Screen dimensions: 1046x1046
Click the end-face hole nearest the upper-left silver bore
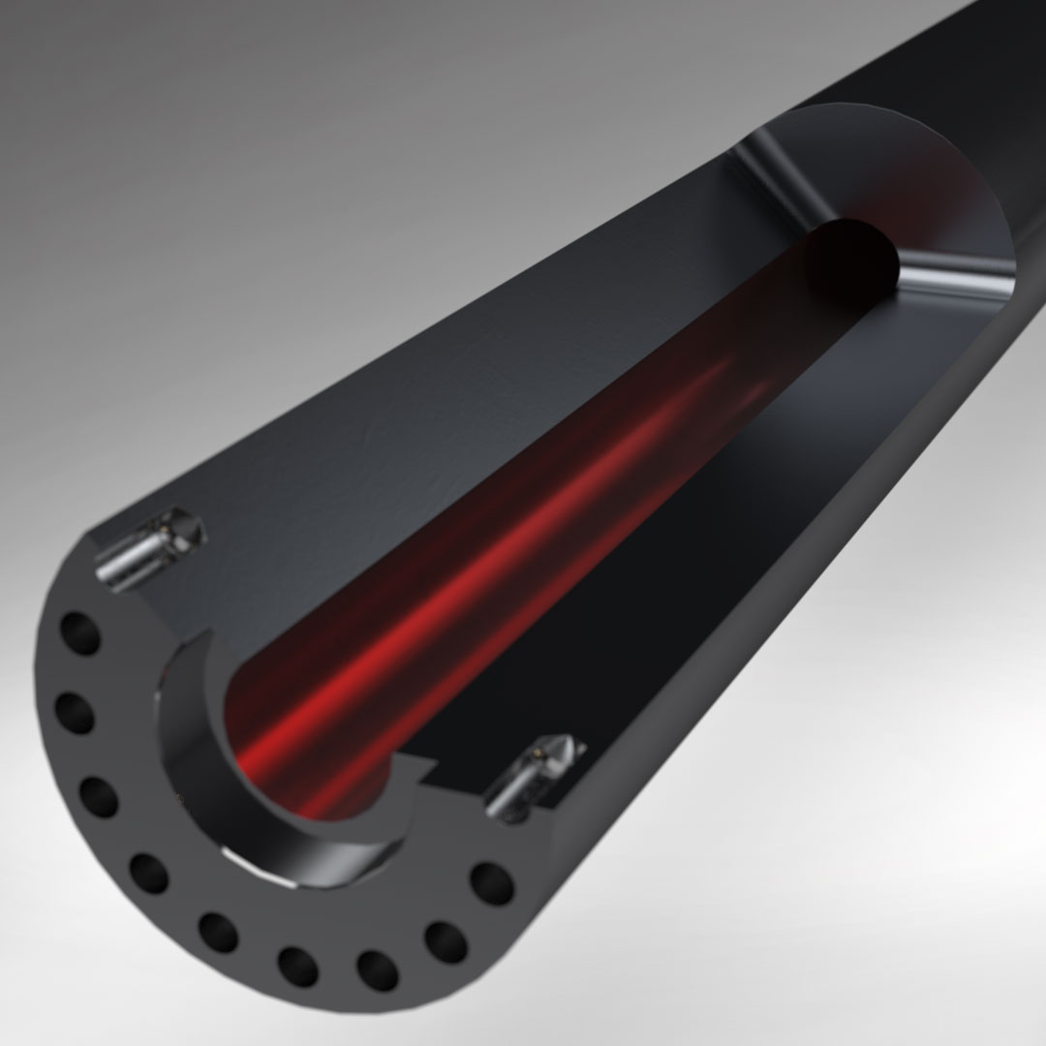coord(80,636)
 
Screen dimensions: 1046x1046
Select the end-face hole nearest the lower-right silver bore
coord(491,883)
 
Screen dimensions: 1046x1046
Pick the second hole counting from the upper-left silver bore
coord(74,715)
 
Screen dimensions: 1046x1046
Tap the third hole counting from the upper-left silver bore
coord(98,795)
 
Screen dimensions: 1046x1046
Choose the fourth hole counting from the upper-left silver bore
coord(148,873)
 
